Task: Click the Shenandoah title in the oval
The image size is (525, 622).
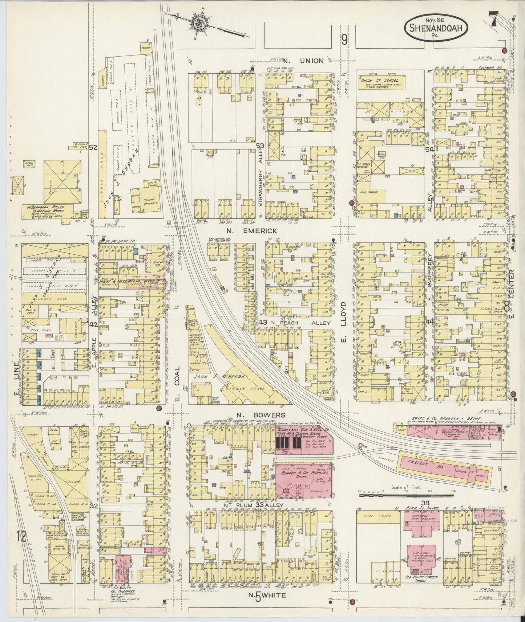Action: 436,28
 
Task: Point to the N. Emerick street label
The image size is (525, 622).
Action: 259,231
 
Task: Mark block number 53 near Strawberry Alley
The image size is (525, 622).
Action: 259,146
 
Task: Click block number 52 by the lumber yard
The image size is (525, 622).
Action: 93,147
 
